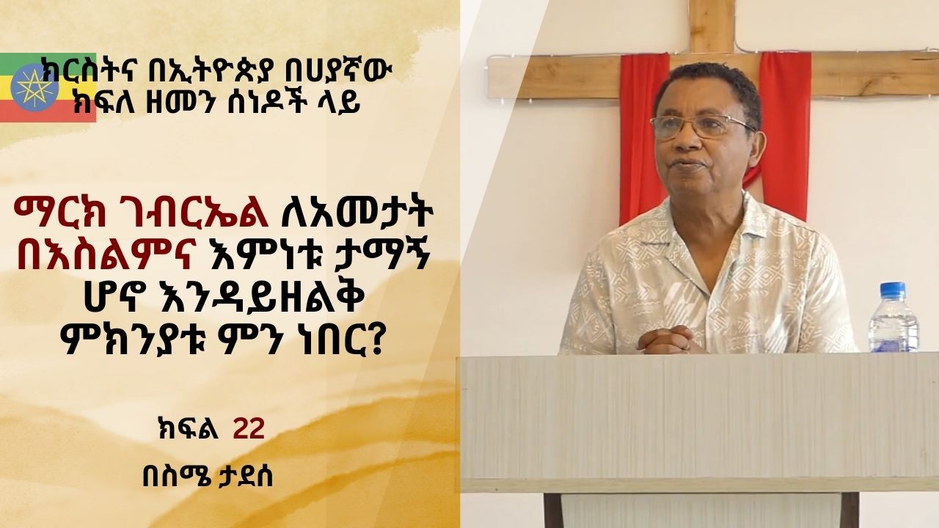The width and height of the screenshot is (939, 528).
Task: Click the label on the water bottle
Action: tap(892, 327)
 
